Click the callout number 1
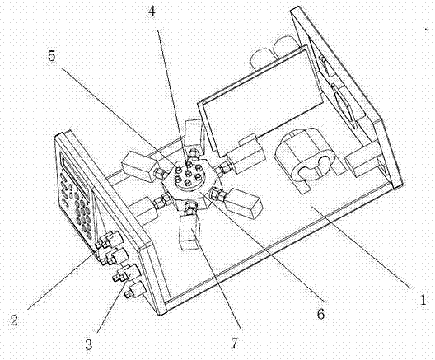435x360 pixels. pos(423,300)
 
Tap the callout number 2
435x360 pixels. pos(14,320)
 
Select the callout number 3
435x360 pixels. pos(88,344)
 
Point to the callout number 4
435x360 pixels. pos(152,12)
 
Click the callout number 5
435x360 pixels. pos(52,56)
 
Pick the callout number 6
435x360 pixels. pos(320,314)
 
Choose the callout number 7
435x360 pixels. pos(235,344)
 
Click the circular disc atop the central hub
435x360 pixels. pos(189,176)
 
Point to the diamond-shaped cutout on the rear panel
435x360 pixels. pos(344,105)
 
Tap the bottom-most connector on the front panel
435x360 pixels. pos(134,290)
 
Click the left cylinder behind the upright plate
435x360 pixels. pos(262,58)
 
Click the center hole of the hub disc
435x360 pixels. pos(188,173)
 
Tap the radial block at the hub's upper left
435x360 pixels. pos(138,167)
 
